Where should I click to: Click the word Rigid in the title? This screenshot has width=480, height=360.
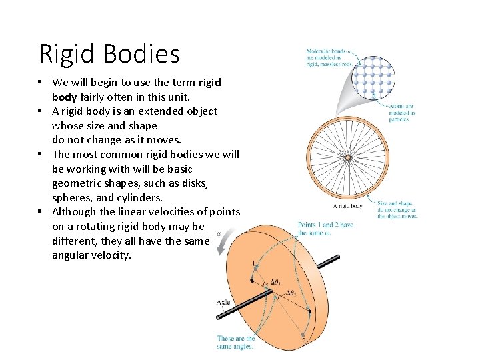point(66,54)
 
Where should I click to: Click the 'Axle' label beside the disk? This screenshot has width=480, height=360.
point(223,302)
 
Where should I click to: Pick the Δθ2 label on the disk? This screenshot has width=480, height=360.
point(292,293)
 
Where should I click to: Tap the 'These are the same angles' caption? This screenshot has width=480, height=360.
point(235,342)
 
